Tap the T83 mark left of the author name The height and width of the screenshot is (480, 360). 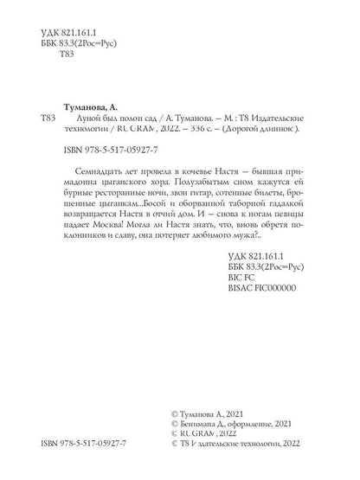[x=49, y=115]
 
